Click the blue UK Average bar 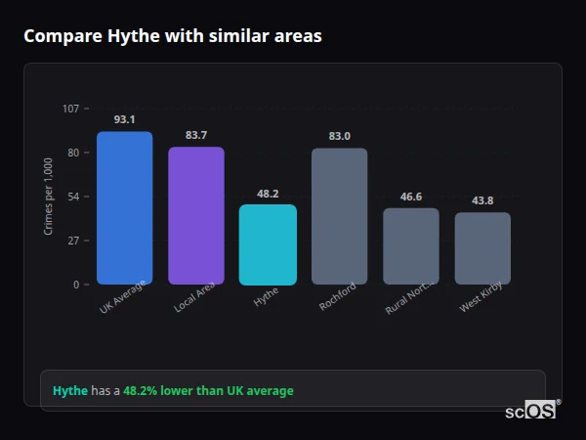tap(125, 208)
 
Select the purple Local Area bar tap(196, 216)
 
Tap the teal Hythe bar tap(268, 244)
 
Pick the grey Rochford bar tap(340, 216)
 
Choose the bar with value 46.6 tap(411, 246)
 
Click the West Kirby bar tap(482, 248)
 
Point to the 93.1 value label tap(125, 119)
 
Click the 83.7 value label tap(196, 135)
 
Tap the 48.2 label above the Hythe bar tap(268, 194)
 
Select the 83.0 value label tap(340, 136)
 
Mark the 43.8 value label tap(482, 200)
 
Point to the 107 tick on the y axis tap(70, 109)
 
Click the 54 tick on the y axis tap(73, 197)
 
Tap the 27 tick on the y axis tap(73, 241)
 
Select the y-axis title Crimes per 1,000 tap(49, 196)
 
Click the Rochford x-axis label tap(338, 296)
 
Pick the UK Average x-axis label tap(122, 298)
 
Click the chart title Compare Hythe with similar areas tap(172, 36)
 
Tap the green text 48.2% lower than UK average tap(208, 391)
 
